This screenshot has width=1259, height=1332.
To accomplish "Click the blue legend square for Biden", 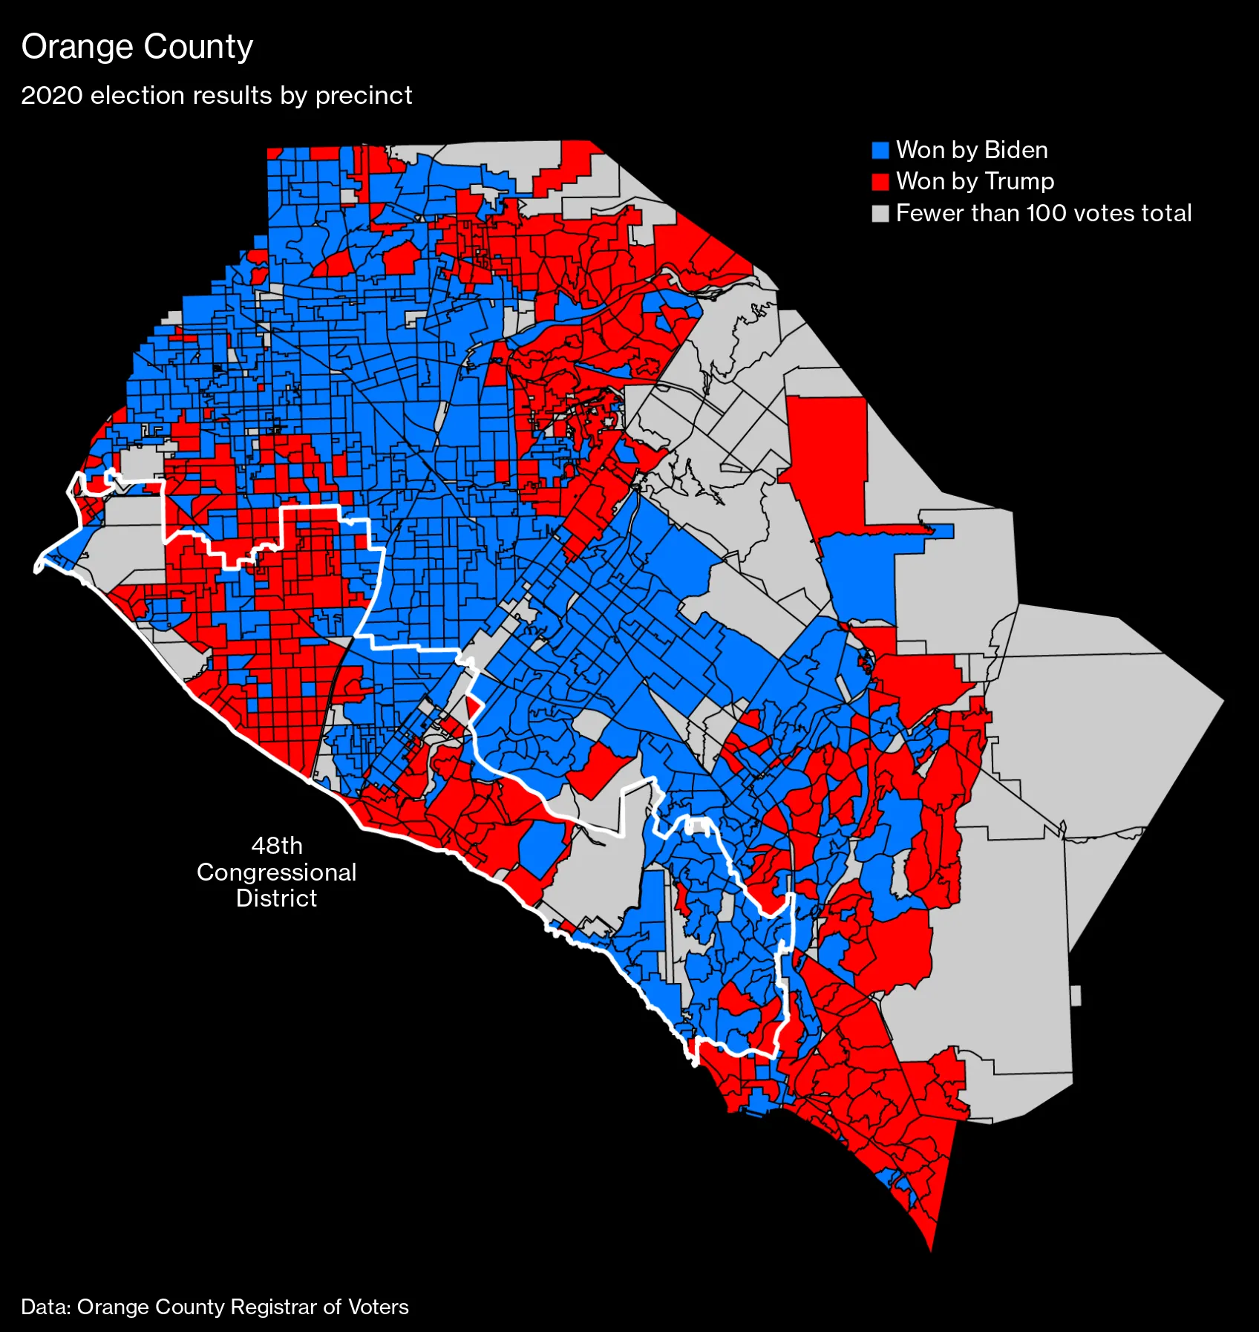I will tap(880, 151).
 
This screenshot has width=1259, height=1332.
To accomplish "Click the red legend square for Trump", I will tap(880, 182).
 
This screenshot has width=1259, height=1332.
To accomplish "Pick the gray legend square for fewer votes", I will tap(880, 214).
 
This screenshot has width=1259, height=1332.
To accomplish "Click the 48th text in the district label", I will tap(277, 846).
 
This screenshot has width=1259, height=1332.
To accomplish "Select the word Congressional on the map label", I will tap(277, 872).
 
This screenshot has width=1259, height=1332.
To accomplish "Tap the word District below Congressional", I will tap(277, 898).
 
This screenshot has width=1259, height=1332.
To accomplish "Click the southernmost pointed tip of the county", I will tap(931, 1249).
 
